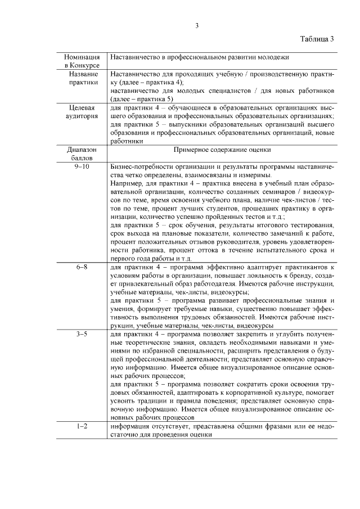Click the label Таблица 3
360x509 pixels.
(317, 39)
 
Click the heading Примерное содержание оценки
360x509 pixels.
(222, 151)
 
